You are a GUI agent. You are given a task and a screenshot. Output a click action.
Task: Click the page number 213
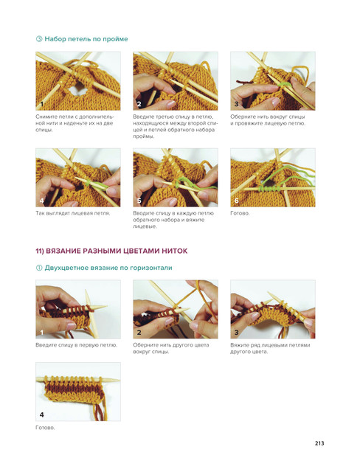tap(319, 443)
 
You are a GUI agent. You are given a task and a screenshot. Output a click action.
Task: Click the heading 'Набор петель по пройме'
tap(86, 39)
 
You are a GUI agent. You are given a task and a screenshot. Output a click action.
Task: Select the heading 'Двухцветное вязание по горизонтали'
tap(108, 268)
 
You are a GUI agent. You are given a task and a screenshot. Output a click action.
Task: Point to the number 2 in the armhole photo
tap(139, 104)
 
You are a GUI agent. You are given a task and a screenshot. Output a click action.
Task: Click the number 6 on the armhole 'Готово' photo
tap(236, 201)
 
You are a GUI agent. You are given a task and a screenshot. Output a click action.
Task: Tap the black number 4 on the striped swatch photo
tap(41, 414)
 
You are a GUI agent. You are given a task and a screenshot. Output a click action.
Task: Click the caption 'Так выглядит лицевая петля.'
tap(73, 213)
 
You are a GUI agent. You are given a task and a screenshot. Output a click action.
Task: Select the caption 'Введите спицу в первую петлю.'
tap(77, 345)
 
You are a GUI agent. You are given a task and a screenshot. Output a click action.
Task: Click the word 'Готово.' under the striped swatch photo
tap(45, 428)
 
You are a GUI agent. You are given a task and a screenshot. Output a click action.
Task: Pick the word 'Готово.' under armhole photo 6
tap(240, 213)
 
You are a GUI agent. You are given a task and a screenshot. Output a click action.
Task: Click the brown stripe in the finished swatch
tap(72, 389)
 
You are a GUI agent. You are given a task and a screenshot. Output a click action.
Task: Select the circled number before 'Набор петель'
tap(39, 39)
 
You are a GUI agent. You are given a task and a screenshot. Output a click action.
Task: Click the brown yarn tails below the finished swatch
tap(100, 412)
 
